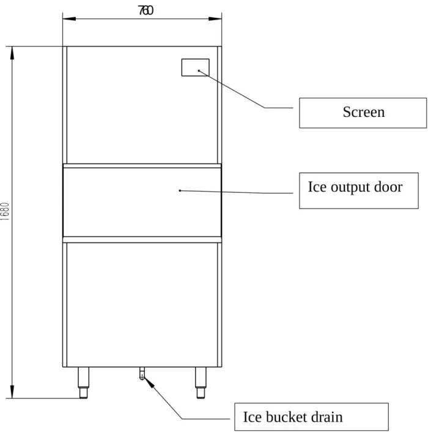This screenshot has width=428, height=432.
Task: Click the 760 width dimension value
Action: (x=146, y=10)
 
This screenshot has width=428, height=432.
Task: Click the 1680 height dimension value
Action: (x=5, y=211)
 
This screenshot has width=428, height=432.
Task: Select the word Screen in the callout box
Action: (x=364, y=112)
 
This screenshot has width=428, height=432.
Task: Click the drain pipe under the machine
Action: (x=142, y=373)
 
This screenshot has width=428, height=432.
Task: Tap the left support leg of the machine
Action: (x=83, y=382)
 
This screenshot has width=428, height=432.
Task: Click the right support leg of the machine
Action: (x=201, y=382)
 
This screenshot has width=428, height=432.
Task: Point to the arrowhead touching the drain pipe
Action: (x=149, y=382)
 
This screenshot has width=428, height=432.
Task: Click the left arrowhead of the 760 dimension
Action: (x=69, y=19)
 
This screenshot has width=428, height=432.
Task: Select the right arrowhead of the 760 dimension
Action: (x=215, y=19)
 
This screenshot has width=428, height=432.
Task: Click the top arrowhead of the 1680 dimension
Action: (x=12, y=53)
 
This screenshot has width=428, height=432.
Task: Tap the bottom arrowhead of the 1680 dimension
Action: (x=12, y=392)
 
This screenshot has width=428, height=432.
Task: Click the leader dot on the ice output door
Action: (x=180, y=191)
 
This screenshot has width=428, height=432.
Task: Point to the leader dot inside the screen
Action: (x=199, y=71)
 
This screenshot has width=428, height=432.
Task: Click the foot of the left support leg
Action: (x=83, y=393)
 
